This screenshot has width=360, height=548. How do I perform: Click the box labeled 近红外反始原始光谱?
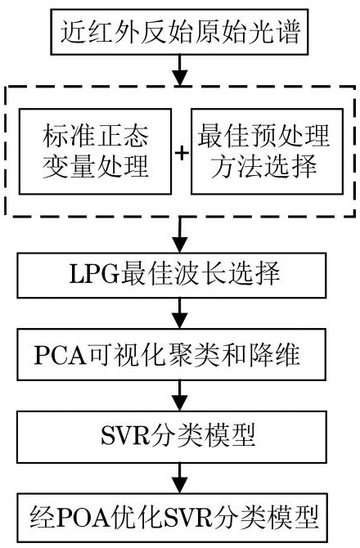179,32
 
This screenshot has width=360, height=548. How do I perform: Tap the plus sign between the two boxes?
182,153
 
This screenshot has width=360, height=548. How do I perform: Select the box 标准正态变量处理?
95,151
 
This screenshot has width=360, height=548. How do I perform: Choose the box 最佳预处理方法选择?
267,151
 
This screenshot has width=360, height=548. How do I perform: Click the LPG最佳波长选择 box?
172,276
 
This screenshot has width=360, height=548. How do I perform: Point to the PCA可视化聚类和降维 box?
172,354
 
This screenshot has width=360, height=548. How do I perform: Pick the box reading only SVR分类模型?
172,437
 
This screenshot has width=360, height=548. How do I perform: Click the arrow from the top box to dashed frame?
180,70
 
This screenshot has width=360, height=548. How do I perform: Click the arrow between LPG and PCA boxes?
180,313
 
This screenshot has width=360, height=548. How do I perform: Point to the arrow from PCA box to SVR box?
180,396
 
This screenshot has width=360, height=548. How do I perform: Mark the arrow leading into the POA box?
180,478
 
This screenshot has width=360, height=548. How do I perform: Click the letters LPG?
94,274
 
